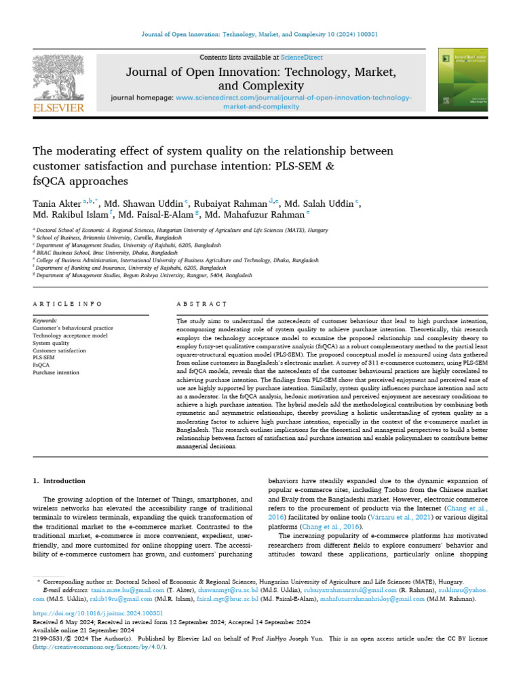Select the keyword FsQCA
pyautogui.click(x=41, y=364)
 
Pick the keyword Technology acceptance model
pyautogui.click(x=70, y=335)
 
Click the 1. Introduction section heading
pyautogui.click(x=59, y=481)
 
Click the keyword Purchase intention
pyautogui.click(x=56, y=373)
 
